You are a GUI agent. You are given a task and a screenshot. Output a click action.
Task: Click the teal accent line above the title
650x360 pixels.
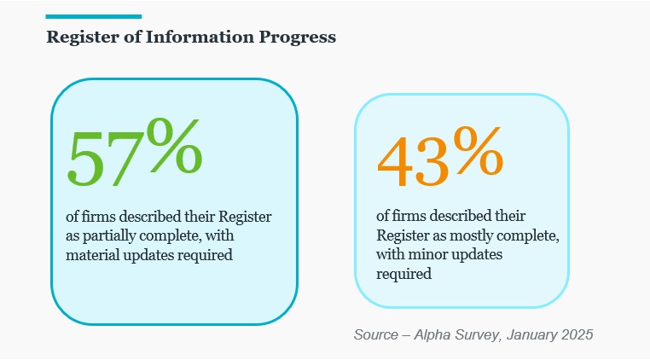(x=93, y=16)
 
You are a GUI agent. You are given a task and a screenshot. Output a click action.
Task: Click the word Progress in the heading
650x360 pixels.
(x=301, y=38)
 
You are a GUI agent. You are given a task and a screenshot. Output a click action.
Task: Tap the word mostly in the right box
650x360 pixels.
(x=463, y=235)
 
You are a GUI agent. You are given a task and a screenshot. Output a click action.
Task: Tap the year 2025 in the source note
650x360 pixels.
(x=576, y=334)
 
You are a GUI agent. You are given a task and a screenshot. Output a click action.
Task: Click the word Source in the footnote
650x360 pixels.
(x=376, y=334)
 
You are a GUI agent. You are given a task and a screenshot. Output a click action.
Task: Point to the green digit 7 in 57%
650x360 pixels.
(x=123, y=158)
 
